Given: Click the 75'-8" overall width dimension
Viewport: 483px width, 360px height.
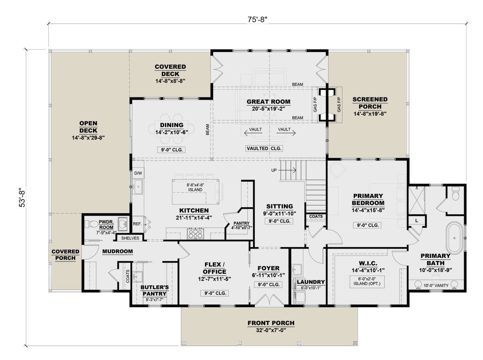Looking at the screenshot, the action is pos(257,20).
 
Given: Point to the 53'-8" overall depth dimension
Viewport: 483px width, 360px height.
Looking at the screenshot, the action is pos(22,197).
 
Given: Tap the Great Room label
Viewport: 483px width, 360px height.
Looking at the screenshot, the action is pos(268,102).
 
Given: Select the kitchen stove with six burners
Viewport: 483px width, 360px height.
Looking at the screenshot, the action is pos(195,233).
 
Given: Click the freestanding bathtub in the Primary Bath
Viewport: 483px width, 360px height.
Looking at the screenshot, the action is pos(454,238).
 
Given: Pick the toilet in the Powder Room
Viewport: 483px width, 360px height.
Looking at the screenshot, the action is pos(91,224).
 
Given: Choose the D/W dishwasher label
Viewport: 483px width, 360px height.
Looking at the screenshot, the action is pos(138,173).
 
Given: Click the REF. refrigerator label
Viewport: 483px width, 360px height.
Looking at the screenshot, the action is pos(137,224).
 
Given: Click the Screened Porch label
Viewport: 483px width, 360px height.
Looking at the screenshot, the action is pos(370,103).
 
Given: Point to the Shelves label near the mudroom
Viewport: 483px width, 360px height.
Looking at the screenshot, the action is pos(130,238).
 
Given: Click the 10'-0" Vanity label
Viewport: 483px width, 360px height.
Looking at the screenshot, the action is pos(436,286).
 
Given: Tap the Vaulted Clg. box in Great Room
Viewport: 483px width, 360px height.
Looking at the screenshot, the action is pos(264,148).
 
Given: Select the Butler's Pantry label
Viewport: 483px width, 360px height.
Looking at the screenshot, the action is pos(155,290).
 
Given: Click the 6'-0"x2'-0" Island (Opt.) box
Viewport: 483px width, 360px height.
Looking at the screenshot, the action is pos(367,282).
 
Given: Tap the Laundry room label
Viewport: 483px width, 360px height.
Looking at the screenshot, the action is pos(311,282).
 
